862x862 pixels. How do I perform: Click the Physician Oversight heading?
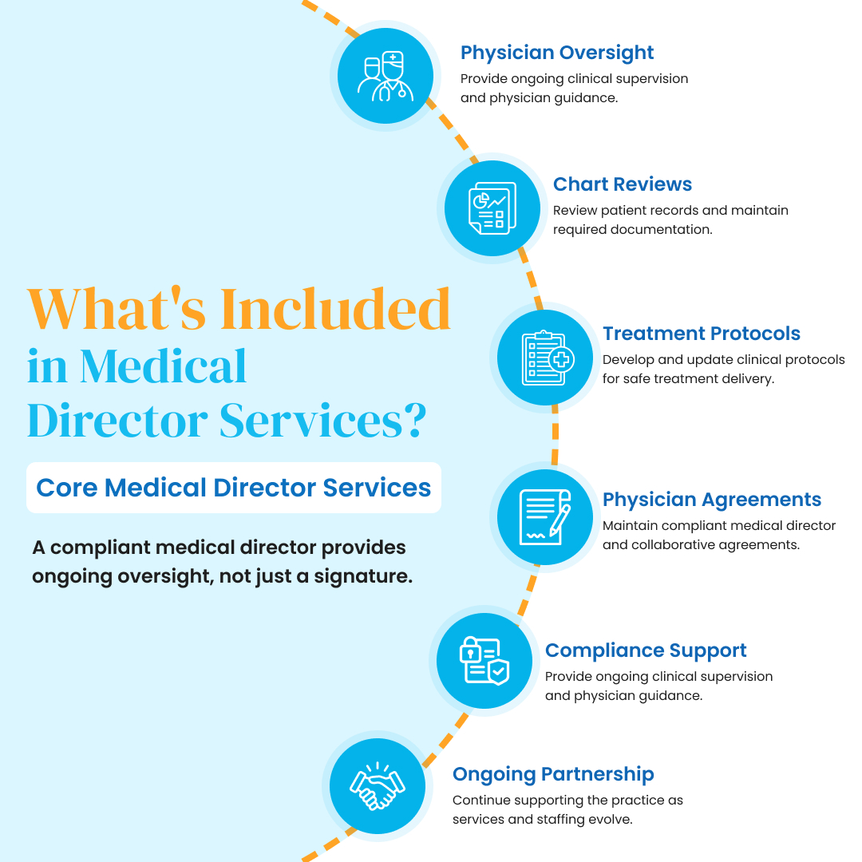(557, 53)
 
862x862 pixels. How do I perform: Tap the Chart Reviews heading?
(623, 184)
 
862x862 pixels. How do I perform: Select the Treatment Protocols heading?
(702, 334)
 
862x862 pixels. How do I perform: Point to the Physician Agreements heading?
(712, 500)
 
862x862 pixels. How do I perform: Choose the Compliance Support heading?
(646, 651)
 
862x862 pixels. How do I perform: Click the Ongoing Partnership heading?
(554, 774)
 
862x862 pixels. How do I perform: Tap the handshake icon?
(378, 786)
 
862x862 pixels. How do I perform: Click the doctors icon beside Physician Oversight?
(386, 76)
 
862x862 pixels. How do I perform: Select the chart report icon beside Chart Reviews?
(492, 208)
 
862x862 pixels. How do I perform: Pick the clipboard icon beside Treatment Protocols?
(548, 358)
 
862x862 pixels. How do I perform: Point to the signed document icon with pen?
(545, 517)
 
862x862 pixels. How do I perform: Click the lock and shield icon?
(484, 661)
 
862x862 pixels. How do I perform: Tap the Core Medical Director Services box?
(234, 488)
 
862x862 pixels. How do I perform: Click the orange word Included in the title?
(335, 310)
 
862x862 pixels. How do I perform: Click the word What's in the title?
(117, 310)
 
